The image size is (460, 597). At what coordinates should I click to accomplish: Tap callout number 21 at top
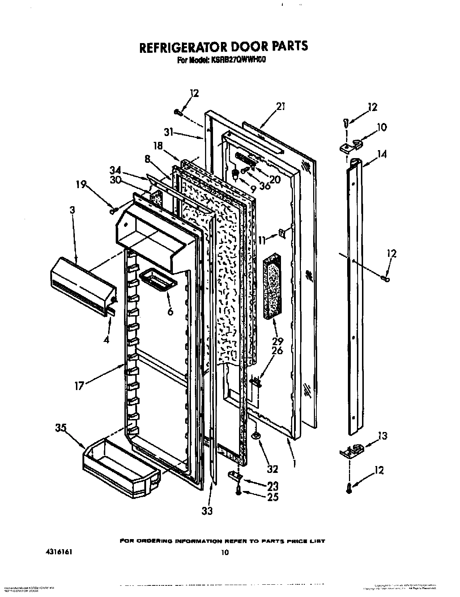coord(281,106)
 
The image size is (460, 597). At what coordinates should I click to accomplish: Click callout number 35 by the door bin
coord(61,428)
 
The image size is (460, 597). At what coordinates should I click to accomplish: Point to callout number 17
coord(79,386)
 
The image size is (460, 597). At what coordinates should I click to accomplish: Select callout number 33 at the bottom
coord(208,511)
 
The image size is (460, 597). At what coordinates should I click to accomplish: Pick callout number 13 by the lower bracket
coord(382,436)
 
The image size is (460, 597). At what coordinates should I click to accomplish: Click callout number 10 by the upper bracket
coord(382,127)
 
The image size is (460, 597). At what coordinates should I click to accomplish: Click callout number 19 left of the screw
coord(81,185)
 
